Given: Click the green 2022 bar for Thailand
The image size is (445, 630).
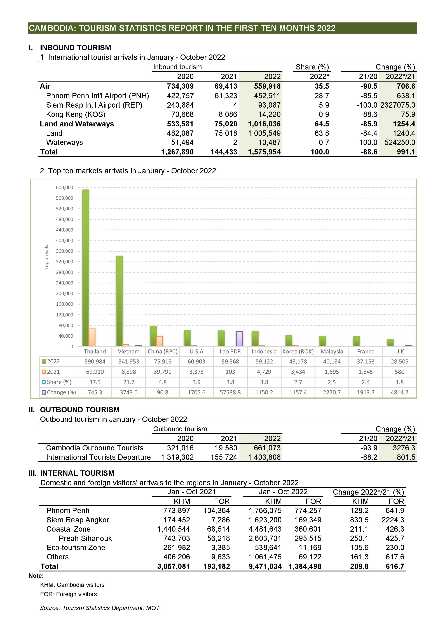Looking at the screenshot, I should (86, 268).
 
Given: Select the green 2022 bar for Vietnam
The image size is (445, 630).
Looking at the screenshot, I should (120, 301).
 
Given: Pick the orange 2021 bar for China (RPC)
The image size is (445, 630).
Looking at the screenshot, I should (160, 341).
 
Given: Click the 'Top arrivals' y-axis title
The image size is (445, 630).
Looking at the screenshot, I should (47, 257).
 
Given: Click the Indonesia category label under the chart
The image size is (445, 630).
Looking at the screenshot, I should (264, 351).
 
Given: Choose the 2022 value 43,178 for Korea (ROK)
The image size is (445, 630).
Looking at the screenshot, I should (298, 362).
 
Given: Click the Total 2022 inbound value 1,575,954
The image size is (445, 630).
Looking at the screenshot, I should (264, 152).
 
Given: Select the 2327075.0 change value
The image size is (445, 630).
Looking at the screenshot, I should (398, 105).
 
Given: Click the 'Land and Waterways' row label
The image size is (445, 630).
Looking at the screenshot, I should (77, 124).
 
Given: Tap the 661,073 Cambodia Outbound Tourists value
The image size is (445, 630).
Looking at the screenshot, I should (267, 448).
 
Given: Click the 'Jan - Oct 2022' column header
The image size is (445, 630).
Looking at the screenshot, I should (283, 492).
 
